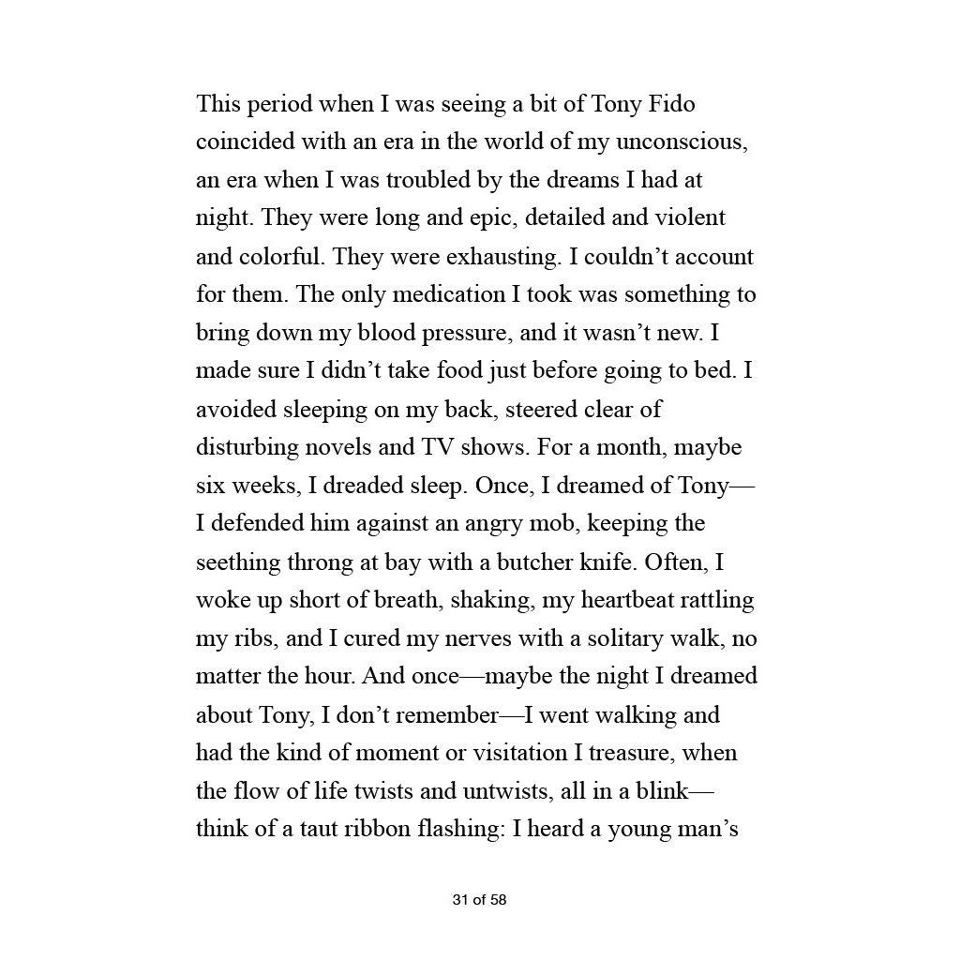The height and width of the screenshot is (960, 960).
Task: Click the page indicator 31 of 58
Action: (479, 900)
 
